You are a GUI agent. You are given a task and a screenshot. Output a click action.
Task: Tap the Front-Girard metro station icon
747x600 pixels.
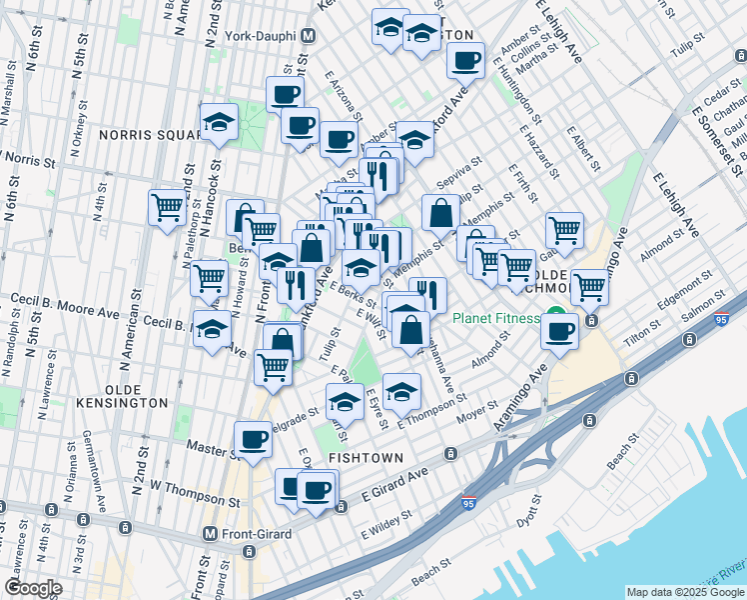pyautogui.click(x=210, y=534)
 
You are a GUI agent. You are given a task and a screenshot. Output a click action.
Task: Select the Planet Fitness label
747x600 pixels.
pyautogui.click(x=495, y=319)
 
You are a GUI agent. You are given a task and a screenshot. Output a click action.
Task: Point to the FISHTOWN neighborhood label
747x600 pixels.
pyautogui.click(x=367, y=458)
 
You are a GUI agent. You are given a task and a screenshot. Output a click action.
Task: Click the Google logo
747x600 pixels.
pyautogui.click(x=32, y=588)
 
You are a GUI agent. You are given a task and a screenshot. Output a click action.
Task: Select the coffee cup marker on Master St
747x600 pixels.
pyautogui.click(x=253, y=438)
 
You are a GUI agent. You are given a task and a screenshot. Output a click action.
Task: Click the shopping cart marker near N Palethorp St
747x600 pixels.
pyautogui.click(x=168, y=207)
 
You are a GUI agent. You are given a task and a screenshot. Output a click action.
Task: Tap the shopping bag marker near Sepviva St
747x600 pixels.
pyautogui.click(x=440, y=212)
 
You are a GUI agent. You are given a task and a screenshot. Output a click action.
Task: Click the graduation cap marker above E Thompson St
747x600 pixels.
pyautogui.click(x=401, y=391)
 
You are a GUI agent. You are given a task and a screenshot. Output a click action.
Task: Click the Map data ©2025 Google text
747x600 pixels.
pyautogui.click(x=684, y=592)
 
